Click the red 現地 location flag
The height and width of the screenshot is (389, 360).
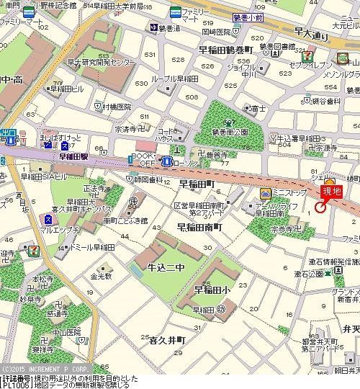coord(332,192)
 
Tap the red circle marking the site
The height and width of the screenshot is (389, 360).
coord(320,207)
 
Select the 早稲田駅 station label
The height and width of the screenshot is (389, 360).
coord(73,156)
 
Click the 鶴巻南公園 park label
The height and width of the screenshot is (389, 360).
coord(230,133)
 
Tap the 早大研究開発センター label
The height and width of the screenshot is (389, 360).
coord(101,63)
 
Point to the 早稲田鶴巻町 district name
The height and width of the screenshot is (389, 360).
coord(228,49)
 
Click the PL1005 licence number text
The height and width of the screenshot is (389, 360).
coord(16,385)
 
